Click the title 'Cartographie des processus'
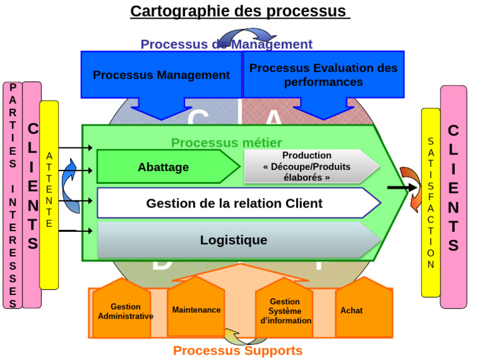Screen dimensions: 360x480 240,11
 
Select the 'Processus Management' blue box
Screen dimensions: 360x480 161,75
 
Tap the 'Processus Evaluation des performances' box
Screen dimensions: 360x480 323,75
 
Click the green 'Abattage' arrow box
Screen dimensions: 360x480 164,167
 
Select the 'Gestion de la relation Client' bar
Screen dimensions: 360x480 234,203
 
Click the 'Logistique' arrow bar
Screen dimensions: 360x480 234,240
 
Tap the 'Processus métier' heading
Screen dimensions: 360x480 226,143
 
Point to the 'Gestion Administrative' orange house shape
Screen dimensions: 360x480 125,311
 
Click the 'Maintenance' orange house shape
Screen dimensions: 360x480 196,309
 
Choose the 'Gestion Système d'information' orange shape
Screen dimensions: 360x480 285,311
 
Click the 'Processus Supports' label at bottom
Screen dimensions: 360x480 237,351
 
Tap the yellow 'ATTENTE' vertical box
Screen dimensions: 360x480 49,194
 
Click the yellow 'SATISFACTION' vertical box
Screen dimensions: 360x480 430,202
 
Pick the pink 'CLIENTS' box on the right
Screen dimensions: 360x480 453,196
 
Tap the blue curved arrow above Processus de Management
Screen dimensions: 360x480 247,34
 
